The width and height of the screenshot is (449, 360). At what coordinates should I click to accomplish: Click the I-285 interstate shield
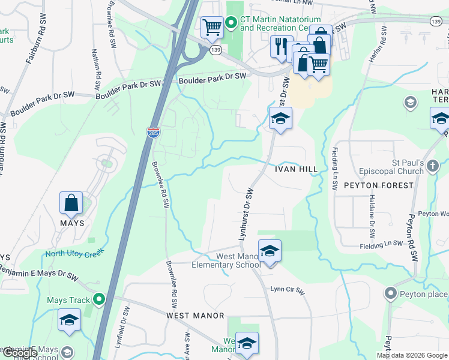tap(153, 132)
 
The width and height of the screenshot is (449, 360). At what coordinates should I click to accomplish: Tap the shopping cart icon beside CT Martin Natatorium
tap(211, 26)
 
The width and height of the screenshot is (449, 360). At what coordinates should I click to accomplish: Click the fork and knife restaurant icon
tap(280, 46)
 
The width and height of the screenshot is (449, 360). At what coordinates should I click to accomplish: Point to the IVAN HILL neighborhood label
tap(295, 170)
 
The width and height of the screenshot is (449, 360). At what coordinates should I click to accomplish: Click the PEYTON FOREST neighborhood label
tap(379, 185)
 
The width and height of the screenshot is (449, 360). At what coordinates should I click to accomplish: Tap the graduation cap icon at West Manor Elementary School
tap(270, 250)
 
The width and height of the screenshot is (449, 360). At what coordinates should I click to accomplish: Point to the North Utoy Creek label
tap(75, 253)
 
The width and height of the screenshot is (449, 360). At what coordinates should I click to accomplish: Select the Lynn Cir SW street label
tap(288, 291)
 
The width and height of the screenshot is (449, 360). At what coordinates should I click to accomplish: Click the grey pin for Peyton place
tap(391, 294)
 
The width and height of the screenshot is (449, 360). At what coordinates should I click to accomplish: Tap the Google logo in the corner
tap(20, 353)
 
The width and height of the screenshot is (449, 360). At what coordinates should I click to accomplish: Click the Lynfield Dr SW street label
tap(127, 324)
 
